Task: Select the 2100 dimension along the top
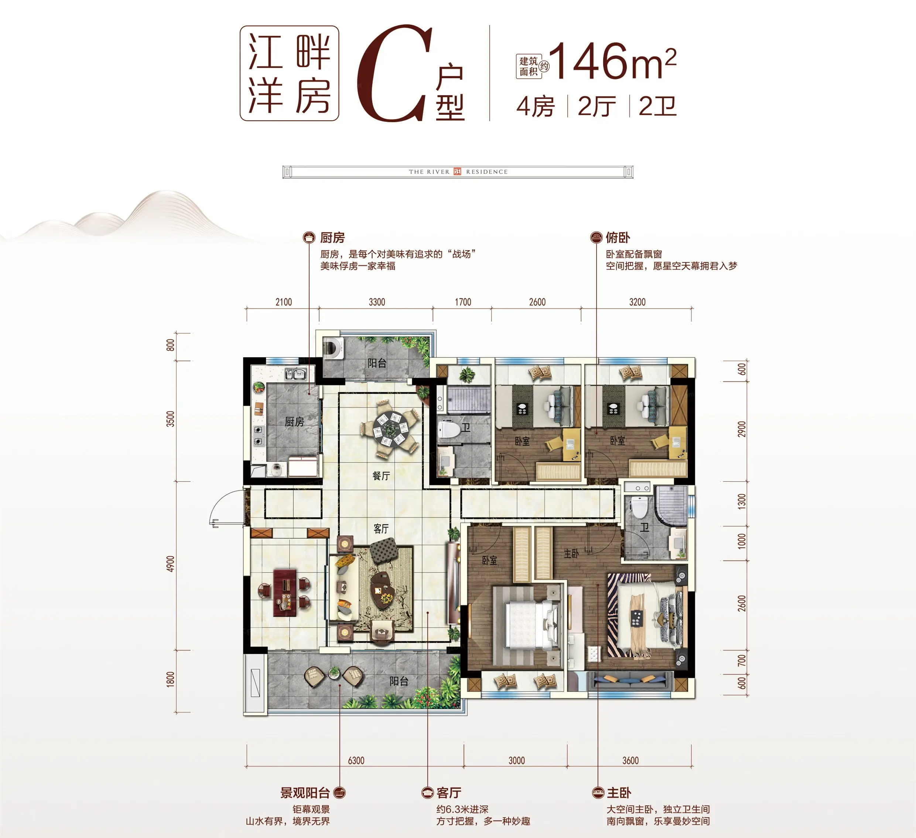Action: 284,302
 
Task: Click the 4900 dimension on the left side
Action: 170,564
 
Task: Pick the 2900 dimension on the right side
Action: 742,429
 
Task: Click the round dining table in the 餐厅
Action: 389,428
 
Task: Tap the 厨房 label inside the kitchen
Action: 294,422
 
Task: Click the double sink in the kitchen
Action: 296,374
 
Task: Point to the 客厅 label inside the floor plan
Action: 381,529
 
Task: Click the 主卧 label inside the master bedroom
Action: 571,553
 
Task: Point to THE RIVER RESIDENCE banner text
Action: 458,172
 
